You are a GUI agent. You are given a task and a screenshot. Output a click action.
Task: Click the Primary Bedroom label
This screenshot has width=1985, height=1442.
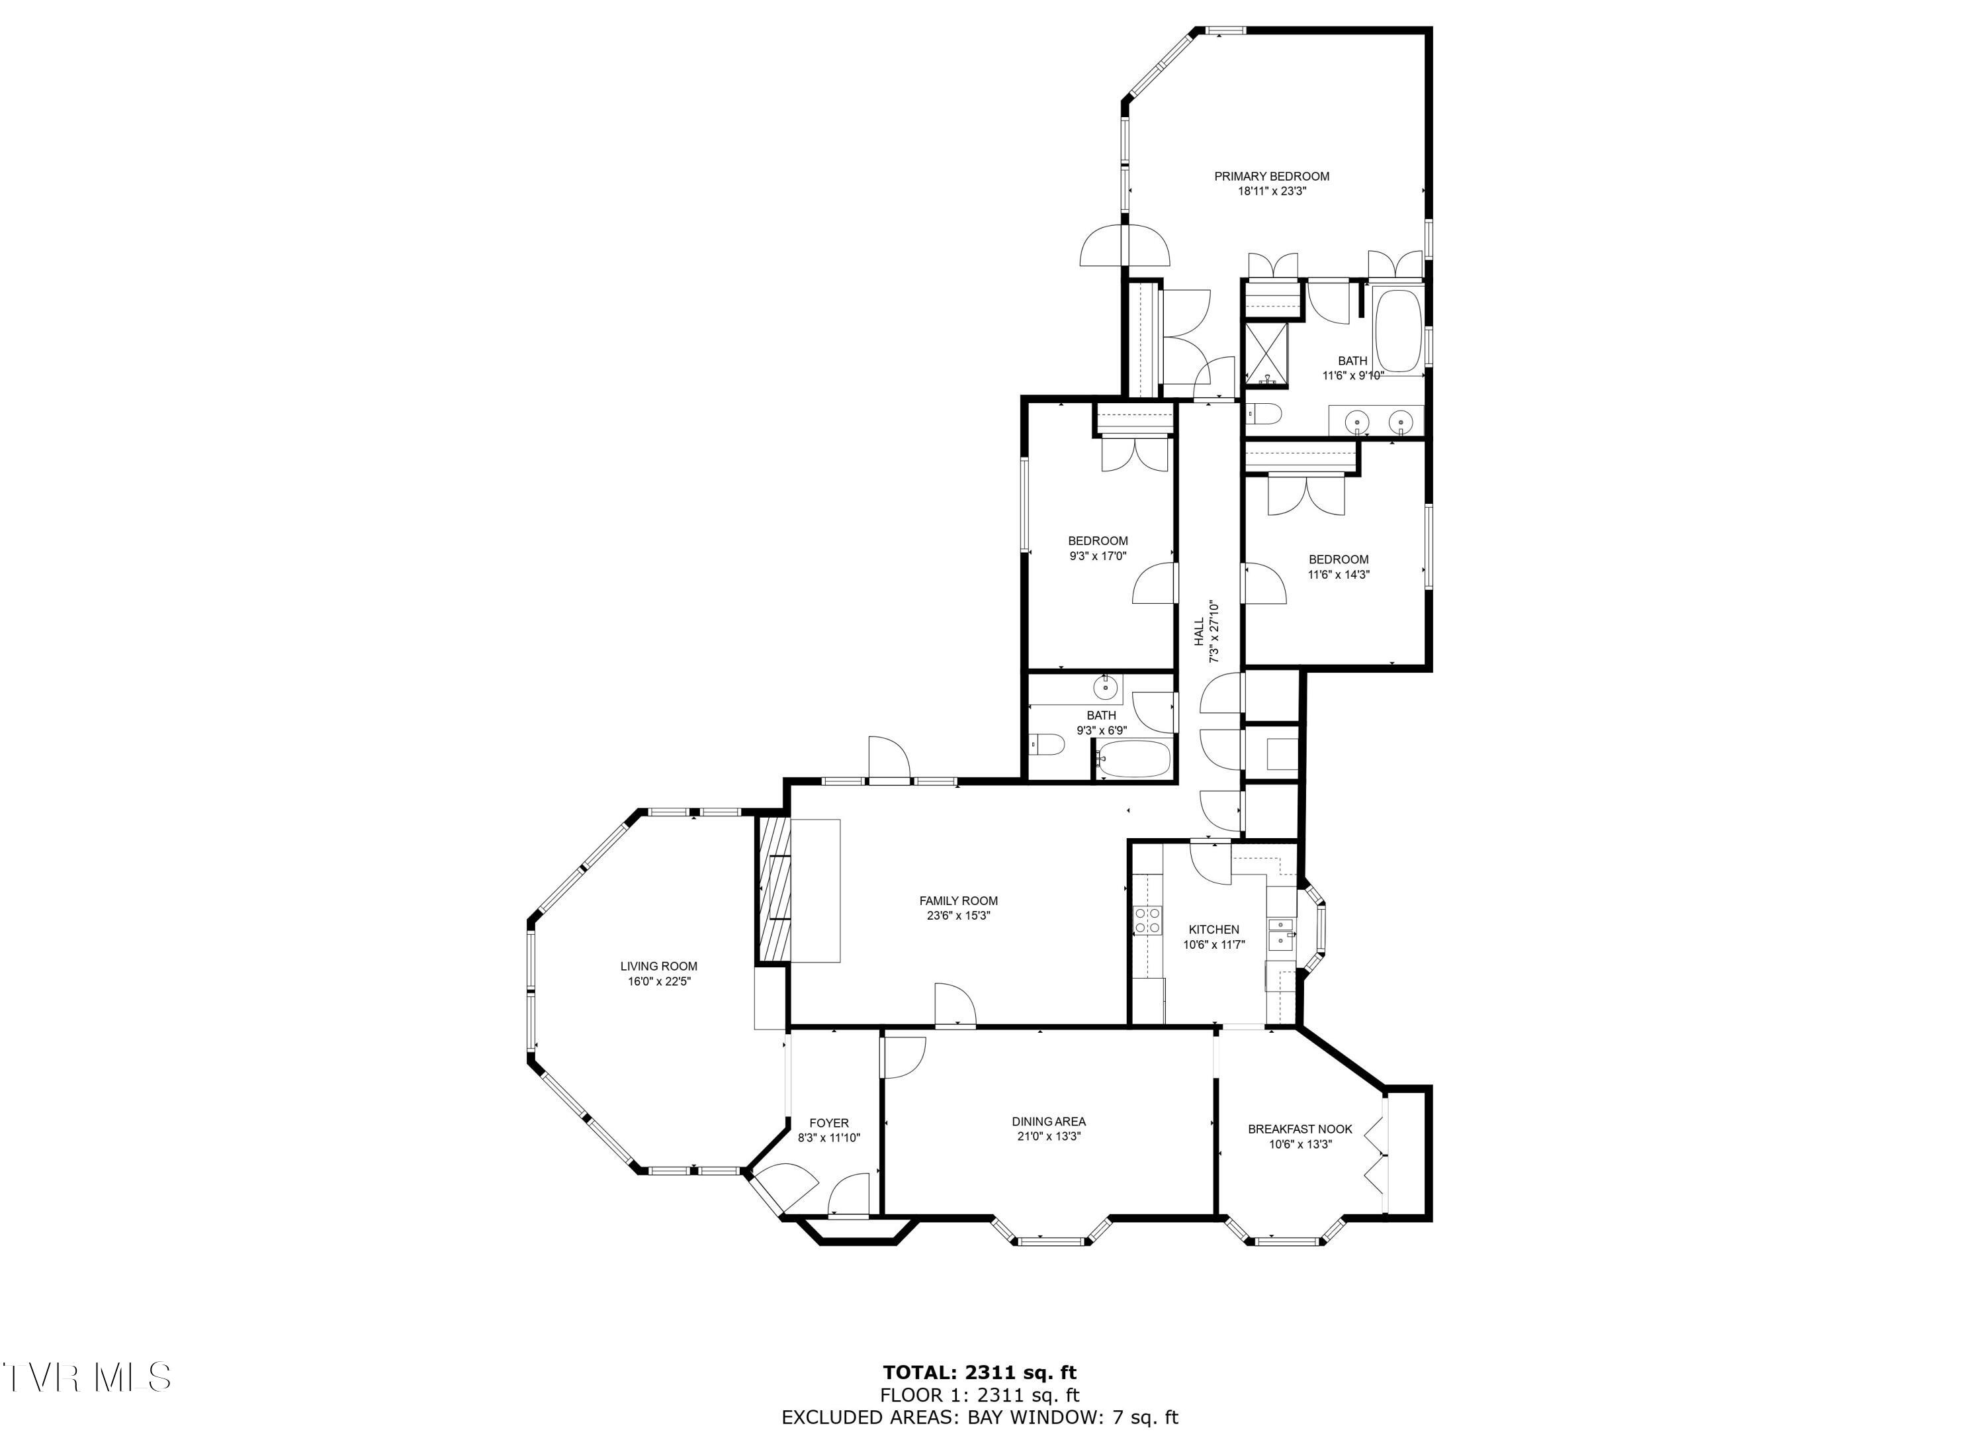[1271, 176]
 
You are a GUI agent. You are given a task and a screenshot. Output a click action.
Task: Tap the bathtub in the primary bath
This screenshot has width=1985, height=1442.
[1397, 331]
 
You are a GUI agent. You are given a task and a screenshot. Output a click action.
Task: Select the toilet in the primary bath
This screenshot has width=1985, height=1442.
[1264, 412]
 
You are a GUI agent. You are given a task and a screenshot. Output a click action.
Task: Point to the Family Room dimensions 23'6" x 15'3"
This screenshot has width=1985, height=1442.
[958, 916]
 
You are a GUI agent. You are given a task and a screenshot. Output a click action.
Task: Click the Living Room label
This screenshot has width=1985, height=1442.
[658, 966]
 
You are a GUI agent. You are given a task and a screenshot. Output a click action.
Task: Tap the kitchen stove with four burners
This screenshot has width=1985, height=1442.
[1147, 920]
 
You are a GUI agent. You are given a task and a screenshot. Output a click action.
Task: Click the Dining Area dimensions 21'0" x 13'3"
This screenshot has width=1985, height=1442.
[1049, 1136]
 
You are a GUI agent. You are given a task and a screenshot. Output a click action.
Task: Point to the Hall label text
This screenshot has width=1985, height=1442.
[1199, 632]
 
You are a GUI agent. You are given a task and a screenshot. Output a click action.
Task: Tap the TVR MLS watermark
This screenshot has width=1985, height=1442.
[86, 1377]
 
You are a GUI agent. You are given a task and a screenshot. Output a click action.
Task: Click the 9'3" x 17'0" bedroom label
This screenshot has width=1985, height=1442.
[1098, 540]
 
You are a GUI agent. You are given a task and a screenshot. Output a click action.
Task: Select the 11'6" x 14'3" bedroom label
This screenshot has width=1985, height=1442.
[1338, 559]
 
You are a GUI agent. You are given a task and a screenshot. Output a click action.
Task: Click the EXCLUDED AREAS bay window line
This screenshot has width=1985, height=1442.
[979, 1418]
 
